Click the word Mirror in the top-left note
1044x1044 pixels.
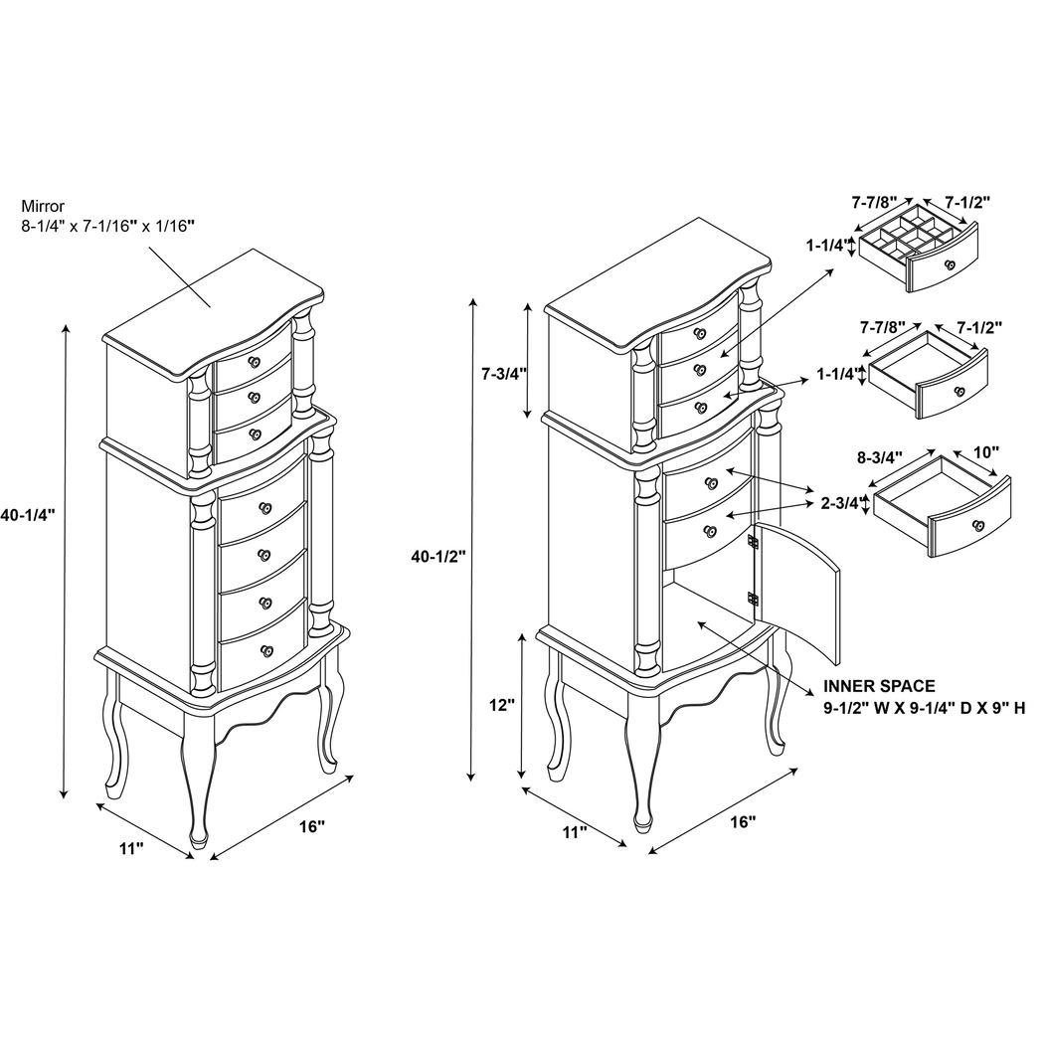43,207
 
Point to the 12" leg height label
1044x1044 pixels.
503,705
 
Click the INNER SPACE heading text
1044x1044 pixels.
879,686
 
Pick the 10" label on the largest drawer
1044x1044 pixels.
985,452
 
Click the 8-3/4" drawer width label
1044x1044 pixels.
878,458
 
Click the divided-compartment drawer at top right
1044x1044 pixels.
920,251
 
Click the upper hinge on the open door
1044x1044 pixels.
753,543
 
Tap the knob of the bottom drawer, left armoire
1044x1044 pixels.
265,651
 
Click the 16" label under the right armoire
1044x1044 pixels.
743,822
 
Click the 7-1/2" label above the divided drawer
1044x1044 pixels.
966,202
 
